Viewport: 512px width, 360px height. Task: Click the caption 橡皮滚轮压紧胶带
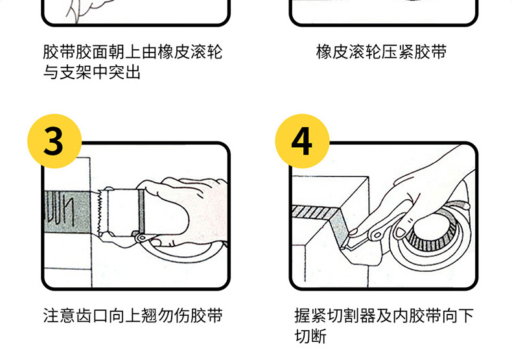pos(381,52)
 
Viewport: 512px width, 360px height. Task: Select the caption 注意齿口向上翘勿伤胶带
pos(133,316)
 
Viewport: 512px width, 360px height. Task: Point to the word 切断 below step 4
pos(310,337)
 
